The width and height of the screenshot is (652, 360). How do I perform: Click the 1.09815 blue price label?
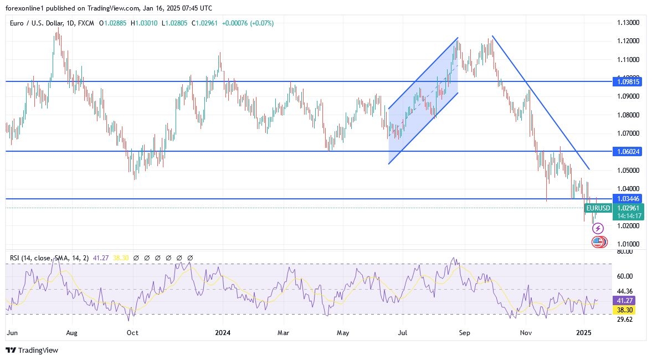[628, 81]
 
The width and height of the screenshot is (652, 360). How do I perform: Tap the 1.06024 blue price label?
[628, 151]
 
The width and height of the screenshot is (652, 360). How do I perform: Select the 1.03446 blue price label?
[628, 198]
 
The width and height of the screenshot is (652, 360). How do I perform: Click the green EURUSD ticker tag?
[598, 208]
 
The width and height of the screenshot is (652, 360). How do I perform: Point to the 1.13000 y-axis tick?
[628, 23]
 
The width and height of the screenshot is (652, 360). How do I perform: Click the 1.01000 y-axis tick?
[628, 244]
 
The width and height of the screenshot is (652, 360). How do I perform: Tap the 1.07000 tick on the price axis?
[628, 133]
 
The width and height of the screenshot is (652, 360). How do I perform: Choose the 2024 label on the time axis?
[223, 333]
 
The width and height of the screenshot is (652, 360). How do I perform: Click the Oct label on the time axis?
[132, 333]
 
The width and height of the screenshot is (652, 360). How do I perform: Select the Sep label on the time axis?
[464, 333]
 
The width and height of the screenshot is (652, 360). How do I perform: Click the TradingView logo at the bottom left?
[32, 350]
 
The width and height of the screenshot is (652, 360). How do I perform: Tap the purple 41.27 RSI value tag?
[628, 300]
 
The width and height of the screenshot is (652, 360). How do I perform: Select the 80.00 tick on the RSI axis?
[625, 251]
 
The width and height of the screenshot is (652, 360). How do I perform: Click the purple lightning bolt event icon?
[598, 228]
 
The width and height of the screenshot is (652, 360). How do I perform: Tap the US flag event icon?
[597, 241]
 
